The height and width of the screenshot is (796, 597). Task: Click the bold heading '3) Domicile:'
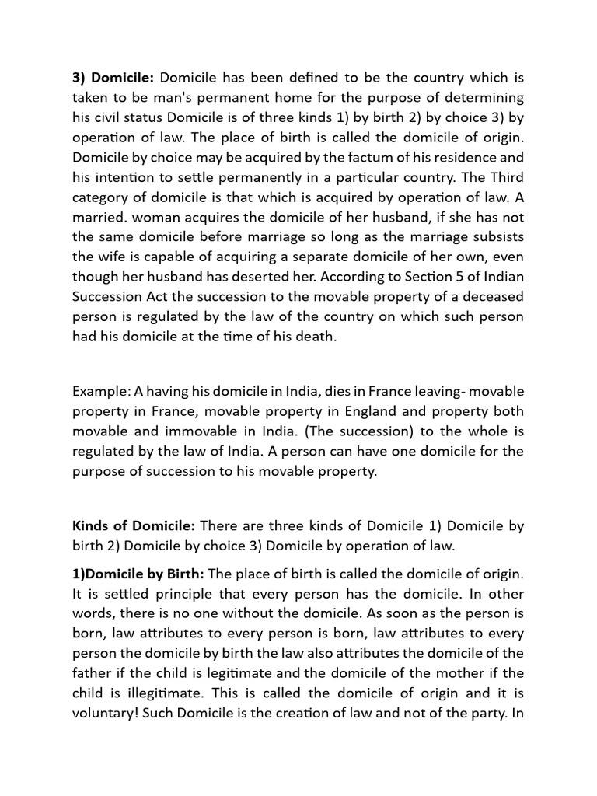[113, 78]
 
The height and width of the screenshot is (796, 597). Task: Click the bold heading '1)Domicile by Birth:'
[138, 574]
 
